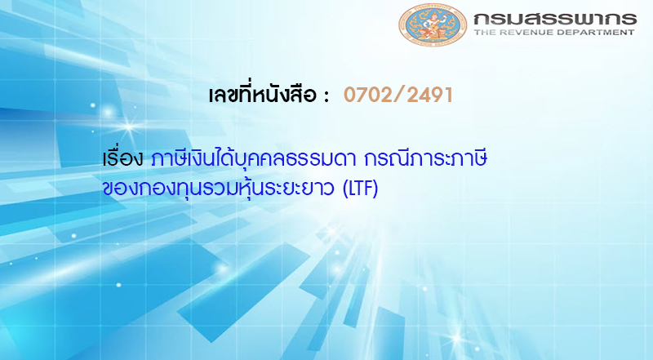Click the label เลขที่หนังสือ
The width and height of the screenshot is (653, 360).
point(263,95)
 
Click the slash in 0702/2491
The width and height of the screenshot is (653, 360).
point(398,95)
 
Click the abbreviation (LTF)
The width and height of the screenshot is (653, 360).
point(353,189)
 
